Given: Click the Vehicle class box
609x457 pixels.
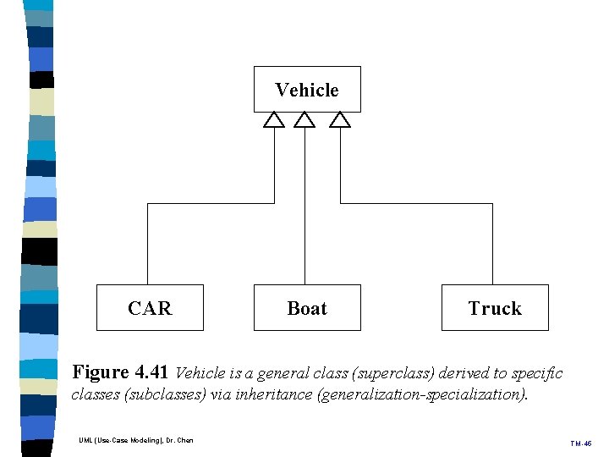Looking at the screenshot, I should (307, 89).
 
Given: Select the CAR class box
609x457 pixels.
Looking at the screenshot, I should (150, 307).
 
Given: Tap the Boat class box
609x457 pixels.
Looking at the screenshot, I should (307, 307).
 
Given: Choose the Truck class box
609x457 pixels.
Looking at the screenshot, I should (495, 307).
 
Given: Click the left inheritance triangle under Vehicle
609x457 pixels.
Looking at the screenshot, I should (273, 120).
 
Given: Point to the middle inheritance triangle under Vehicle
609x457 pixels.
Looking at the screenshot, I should (304, 120).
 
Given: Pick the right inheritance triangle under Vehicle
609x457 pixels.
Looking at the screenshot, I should (340, 120).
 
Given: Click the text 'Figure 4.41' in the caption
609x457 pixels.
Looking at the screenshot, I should (121, 372).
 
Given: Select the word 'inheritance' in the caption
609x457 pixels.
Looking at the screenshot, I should (272, 394).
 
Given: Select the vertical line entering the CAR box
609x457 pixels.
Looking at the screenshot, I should (148, 245).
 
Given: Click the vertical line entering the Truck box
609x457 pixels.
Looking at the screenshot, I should (492, 245).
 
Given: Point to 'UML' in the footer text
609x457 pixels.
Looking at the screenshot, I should (85, 440).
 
